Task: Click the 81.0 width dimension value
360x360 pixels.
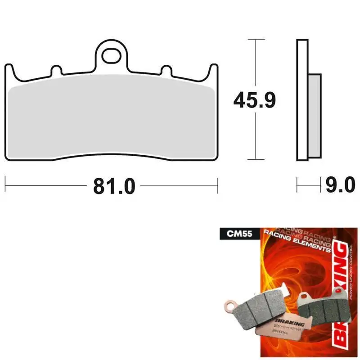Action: [114, 185]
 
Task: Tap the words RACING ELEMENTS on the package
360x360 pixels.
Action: [297, 246]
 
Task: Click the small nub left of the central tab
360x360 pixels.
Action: [56, 71]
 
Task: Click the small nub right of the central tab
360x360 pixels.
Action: [166, 71]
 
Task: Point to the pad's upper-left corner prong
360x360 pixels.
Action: [9, 69]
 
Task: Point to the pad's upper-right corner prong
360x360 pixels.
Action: [214, 69]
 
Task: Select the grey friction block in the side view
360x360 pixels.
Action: [315, 115]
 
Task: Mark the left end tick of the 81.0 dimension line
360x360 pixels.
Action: [5, 185]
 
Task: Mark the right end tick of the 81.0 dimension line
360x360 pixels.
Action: [217, 185]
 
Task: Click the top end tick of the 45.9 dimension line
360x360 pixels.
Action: [255, 40]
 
